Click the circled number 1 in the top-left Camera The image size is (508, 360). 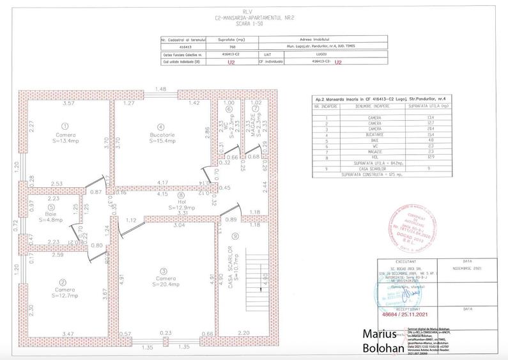click(x=65, y=126)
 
